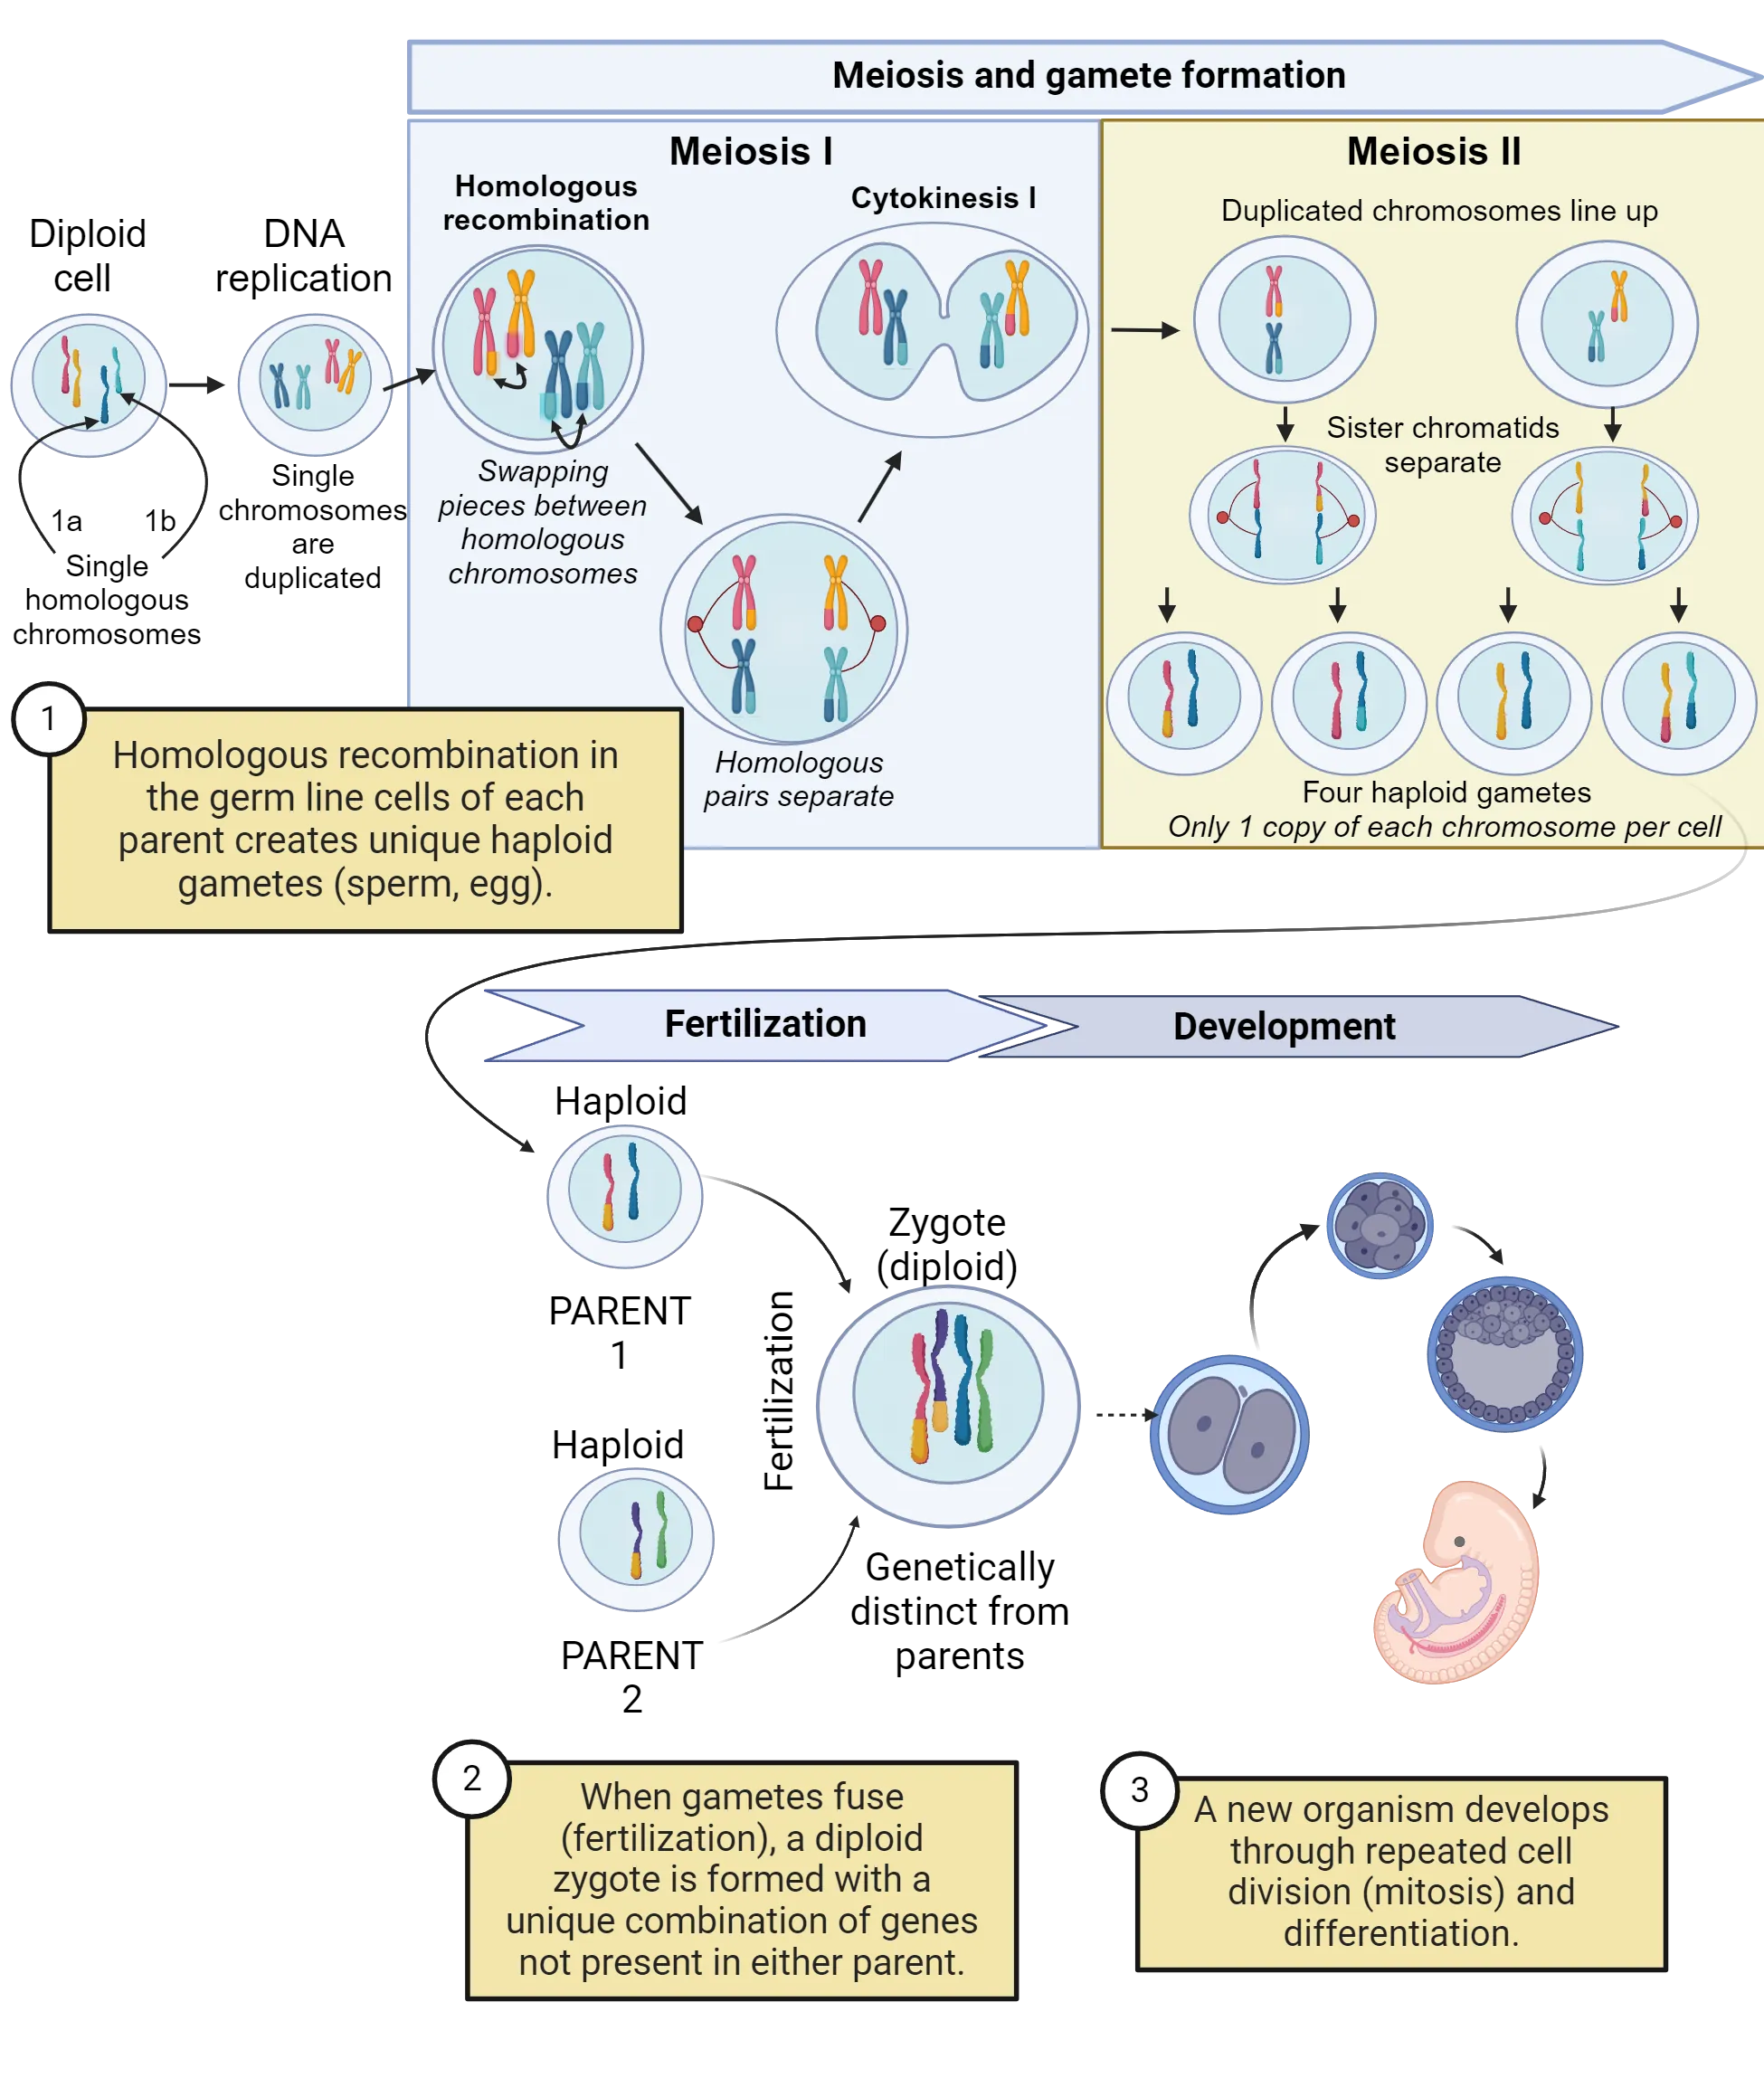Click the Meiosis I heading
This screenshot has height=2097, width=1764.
coord(750,152)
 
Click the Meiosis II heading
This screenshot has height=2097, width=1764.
coord(1433,152)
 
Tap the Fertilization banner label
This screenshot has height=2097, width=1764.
coord(765,1024)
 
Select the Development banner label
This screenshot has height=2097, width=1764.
coord(1283,1026)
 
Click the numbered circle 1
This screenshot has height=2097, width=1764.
coord(48,718)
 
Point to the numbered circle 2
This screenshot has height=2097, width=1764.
coord(472,1777)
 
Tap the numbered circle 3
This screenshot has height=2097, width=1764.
coord(1139,1789)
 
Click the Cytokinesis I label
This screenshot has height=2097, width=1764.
coord(943,198)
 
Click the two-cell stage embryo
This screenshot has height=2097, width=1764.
coord(1230,1434)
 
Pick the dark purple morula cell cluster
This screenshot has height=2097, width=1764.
coord(1379,1225)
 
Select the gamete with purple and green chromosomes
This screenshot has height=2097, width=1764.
coord(636,1537)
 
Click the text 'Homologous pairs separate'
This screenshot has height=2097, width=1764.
coord(798,779)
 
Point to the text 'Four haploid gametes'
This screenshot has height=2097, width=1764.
coord(1446,792)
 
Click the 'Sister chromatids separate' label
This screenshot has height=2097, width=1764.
coord(1442,445)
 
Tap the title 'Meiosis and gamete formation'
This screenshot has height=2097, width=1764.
coord(1088,76)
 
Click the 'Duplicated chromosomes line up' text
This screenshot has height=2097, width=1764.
coord(1439,211)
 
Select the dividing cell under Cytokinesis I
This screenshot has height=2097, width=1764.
coord(932,330)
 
